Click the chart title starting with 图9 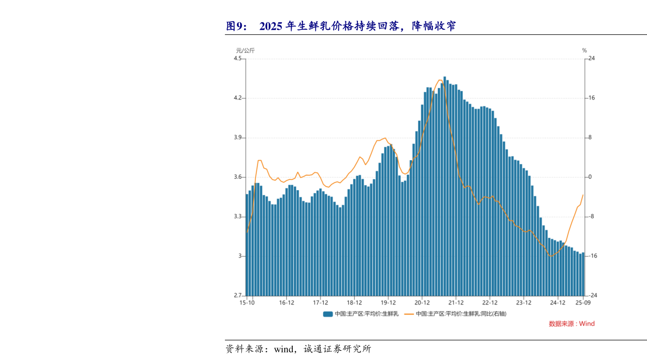tap(341, 26)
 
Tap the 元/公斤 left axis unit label tap(245, 50)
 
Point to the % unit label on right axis tap(585, 50)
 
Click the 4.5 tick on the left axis tap(238, 59)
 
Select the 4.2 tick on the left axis tap(238, 98)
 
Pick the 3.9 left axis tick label tap(238, 138)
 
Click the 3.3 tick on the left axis tap(238, 217)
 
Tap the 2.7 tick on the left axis tap(238, 295)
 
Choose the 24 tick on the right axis tap(592, 59)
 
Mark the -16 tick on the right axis tap(593, 256)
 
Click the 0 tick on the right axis tap(591, 178)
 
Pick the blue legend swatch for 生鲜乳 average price tap(328, 314)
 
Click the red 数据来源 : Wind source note tap(571, 324)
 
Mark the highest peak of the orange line tap(439, 80)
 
